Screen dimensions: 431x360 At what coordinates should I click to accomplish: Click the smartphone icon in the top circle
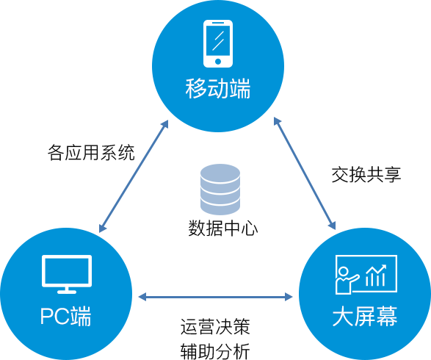[217, 44]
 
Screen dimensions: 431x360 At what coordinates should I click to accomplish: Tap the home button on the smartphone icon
[218, 61]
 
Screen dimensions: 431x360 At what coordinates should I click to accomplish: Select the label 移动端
[217, 89]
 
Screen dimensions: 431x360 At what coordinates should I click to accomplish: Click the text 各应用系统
[91, 152]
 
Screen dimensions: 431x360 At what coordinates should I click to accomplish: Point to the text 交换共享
[366, 174]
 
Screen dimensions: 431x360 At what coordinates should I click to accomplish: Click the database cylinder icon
[220, 190]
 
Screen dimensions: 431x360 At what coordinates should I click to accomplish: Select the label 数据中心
[223, 228]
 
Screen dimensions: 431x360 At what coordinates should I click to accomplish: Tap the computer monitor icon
[67, 274]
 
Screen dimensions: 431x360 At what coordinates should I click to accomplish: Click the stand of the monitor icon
[67, 290]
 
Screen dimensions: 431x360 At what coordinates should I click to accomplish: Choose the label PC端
[65, 316]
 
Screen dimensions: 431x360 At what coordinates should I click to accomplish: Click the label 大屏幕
[365, 316]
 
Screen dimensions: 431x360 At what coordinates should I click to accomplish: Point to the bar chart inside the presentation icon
[376, 276]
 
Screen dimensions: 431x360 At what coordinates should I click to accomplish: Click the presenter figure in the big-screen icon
[346, 281]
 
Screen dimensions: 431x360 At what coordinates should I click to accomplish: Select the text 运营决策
[215, 327]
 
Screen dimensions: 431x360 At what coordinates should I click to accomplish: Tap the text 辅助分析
[215, 351]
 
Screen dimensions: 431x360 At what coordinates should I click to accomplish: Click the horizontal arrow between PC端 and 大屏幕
[216, 297]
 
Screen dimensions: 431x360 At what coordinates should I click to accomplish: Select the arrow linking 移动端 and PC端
[134, 176]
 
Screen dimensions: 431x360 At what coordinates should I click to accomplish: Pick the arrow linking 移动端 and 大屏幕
[305, 173]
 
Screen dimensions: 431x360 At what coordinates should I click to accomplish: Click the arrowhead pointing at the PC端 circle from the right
[142, 297]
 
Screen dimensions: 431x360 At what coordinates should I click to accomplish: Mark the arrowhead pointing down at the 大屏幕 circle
[333, 225]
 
